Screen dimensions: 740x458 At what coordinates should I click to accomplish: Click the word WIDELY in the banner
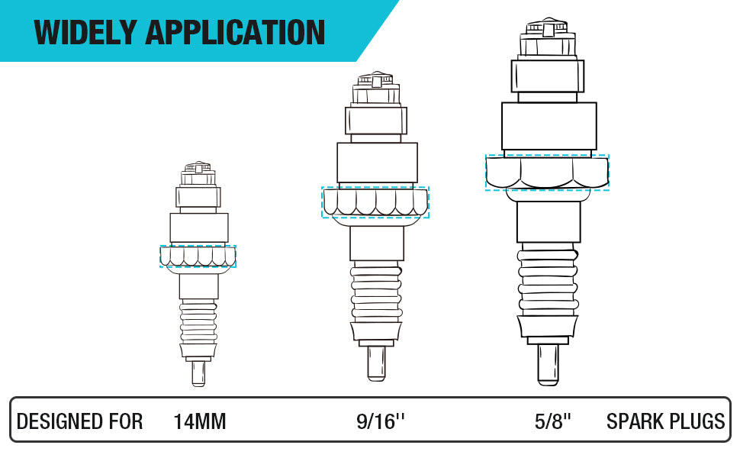pyautogui.click(x=85, y=32)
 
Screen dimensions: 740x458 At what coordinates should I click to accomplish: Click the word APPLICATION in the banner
pyautogui.click(x=235, y=32)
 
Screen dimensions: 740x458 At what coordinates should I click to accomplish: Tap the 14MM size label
pyautogui.click(x=200, y=421)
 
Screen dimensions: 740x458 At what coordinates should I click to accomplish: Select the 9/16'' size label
pyautogui.click(x=381, y=421)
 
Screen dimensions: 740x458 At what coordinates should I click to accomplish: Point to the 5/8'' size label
pyautogui.click(x=552, y=421)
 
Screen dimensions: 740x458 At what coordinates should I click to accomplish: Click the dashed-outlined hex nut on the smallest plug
pyautogui.click(x=198, y=256)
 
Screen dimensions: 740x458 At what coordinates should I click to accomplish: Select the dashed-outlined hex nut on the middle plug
pyautogui.click(x=375, y=202)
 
